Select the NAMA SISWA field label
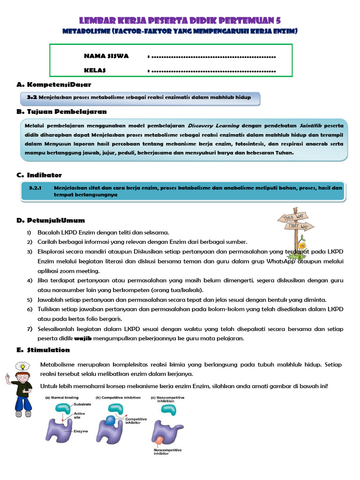106,56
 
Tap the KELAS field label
95,70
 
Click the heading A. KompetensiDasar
53,84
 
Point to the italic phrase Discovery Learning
213,126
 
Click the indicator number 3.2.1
36,187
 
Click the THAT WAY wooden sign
300,227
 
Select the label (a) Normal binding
62,397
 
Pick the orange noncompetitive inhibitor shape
160,441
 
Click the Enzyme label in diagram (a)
81,431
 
